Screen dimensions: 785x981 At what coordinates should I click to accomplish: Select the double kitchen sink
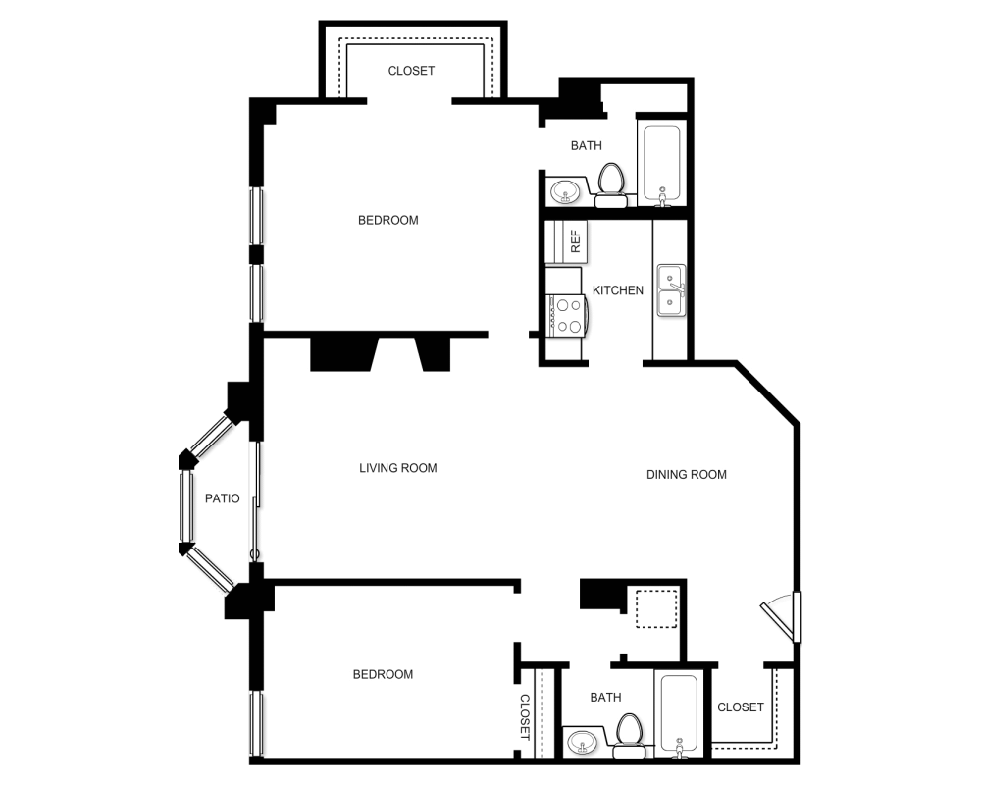(x=671, y=290)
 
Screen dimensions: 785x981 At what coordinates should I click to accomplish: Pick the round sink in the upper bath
(x=564, y=191)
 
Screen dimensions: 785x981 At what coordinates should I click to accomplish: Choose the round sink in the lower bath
(x=583, y=741)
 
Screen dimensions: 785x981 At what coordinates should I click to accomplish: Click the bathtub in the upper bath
(x=660, y=164)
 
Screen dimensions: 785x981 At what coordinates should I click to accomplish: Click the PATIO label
(x=223, y=498)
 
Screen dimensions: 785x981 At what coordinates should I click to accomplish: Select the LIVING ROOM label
(x=397, y=468)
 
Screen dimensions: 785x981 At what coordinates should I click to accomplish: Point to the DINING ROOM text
(x=687, y=475)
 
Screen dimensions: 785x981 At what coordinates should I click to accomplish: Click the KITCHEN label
(x=618, y=290)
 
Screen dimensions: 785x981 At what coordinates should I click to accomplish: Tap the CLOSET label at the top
(x=411, y=71)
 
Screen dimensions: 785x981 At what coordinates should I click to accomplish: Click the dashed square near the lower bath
(x=654, y=609)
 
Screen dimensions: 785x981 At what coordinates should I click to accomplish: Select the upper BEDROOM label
(x=387, y=220)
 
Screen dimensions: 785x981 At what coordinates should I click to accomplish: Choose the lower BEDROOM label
(x=383, y=674)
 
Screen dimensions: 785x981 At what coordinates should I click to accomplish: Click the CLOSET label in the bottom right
(x=741, y=707)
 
